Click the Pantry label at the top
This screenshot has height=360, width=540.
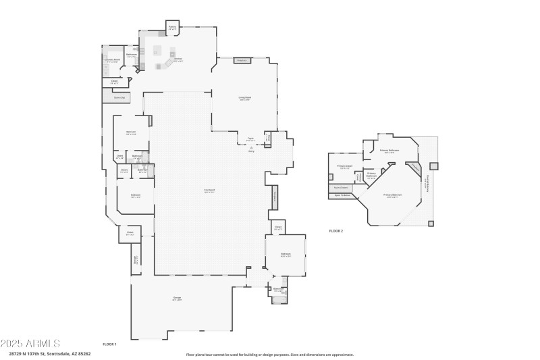172,29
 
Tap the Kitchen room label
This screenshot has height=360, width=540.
178,59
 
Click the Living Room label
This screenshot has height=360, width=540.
244,99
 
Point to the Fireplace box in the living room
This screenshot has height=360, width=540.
242,61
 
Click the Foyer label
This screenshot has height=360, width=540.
250,139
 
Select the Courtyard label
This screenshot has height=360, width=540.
210,191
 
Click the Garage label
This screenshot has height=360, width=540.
177,299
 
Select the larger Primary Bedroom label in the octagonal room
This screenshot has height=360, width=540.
391,197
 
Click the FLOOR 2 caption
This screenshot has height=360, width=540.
336,231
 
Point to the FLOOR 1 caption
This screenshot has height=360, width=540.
109,344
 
